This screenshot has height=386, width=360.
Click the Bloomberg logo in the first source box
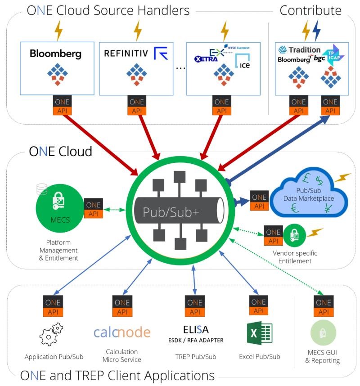coord(55,54)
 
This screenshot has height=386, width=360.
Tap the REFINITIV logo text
coord(126,54)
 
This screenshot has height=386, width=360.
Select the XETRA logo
coord(206,58)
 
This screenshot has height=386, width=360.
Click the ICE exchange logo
coord(243,63)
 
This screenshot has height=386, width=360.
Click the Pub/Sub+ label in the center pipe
coord(171,212)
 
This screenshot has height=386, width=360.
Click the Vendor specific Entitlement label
coord(292,257)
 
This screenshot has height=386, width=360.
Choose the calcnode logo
coord(122,332)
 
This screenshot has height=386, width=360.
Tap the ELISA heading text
coord(196,329)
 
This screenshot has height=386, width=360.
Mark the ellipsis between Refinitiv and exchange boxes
coord(180,68)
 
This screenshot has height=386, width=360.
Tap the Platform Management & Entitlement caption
coord(58,250)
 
